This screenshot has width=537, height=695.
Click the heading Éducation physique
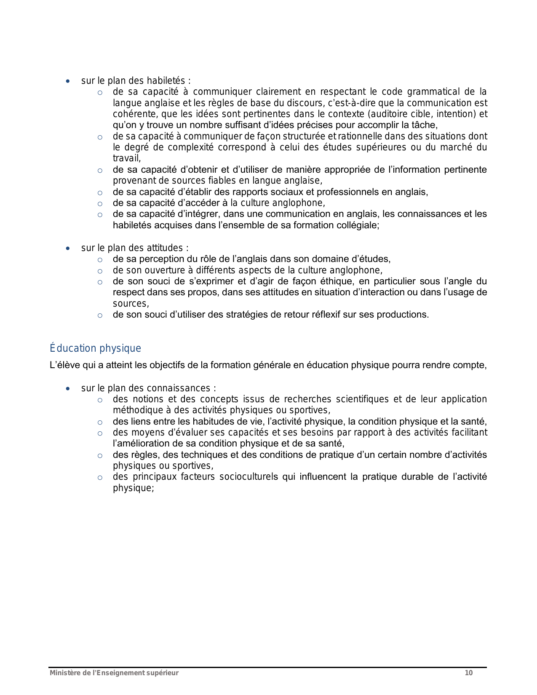coord(95,348)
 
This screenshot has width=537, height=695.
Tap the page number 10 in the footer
coord(469,673)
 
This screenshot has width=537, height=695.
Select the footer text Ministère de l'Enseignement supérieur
coord(114,673)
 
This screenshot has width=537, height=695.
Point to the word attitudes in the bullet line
coord(165,248)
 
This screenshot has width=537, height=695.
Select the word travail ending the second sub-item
coord(126,158)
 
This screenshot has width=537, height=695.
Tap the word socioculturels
coord(248,477)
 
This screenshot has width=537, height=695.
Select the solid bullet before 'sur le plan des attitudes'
coord(68,248)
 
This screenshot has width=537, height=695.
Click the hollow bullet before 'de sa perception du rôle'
coord(100,259)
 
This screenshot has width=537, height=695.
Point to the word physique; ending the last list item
coord(133,488)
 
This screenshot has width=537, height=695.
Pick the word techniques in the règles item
coord(200,455)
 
